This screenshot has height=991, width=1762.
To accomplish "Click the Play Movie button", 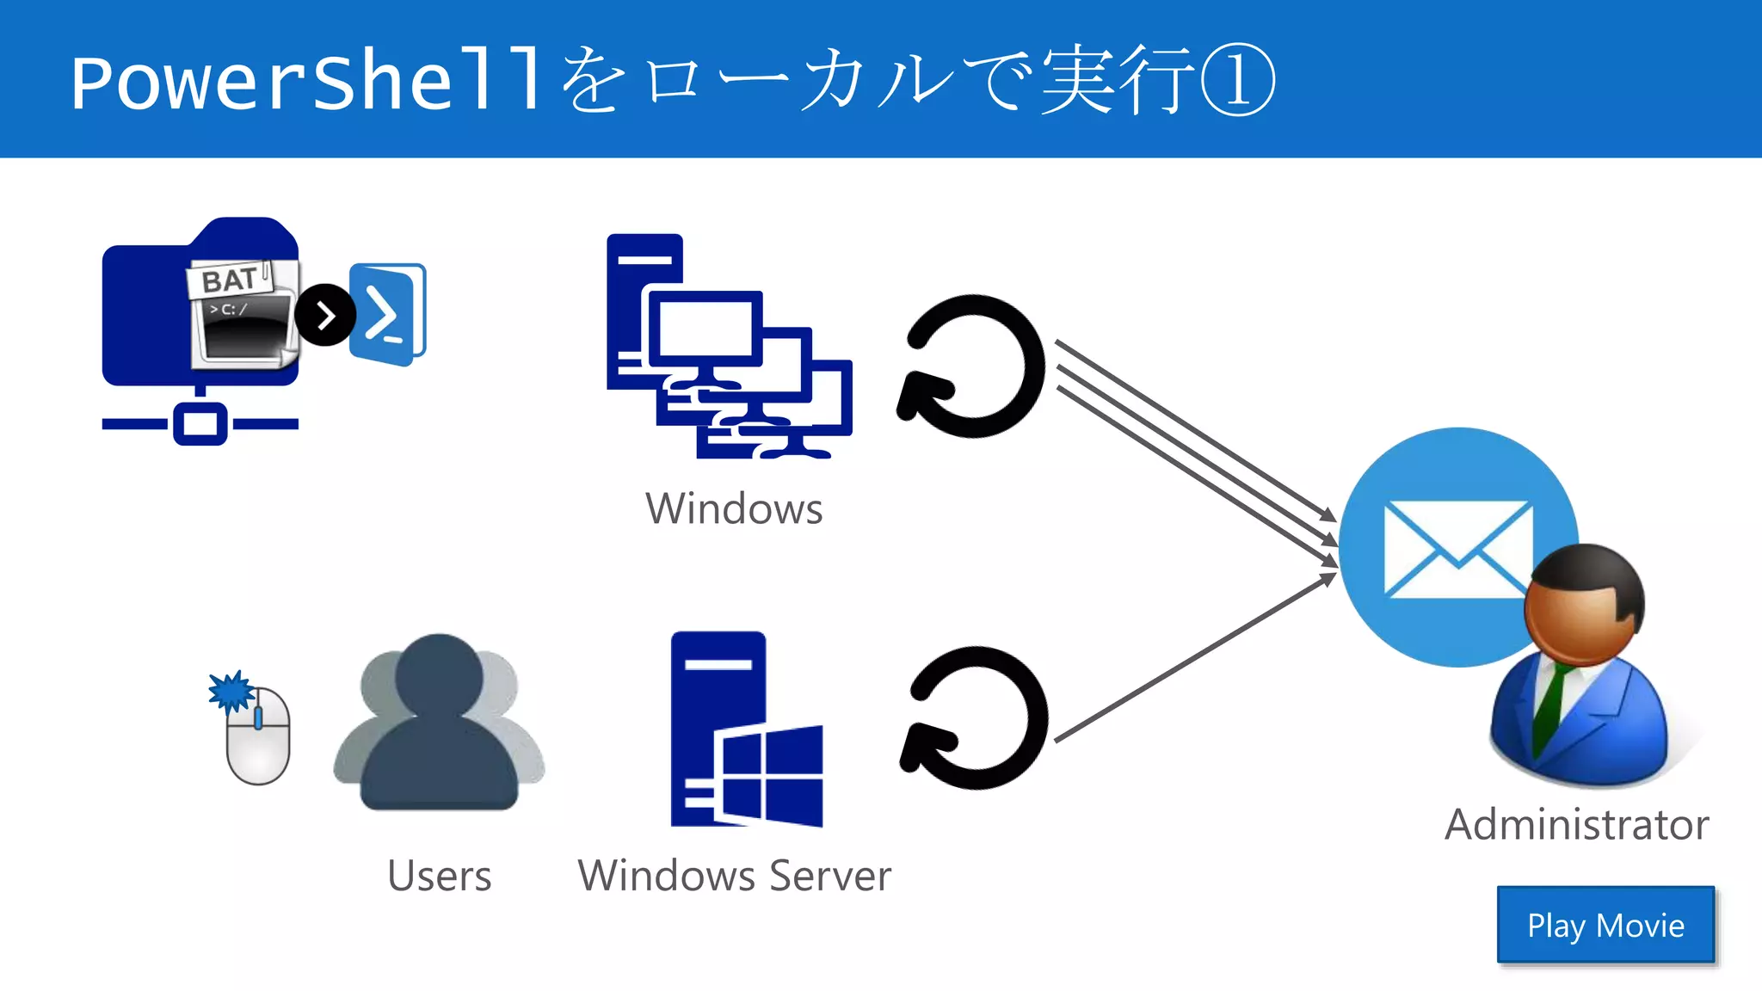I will click(x=1605, y=925).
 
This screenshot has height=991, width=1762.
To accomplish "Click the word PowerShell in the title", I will click(x=306, y=82).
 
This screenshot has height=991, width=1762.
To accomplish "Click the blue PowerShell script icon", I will click(x=387, y=314).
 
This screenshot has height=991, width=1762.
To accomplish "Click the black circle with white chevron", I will click(x=325, y=316).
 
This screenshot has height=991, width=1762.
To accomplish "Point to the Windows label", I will click(x=734, y=508).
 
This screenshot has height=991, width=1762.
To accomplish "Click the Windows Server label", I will click(x=734, y=876).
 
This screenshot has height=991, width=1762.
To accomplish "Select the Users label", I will click(x=439, y=876).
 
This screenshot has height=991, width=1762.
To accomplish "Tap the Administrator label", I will click(x=1576, y=824).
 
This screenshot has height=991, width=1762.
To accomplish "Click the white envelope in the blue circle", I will click(x=1457, y=549).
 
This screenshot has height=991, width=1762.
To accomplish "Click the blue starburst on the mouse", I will click(x=230, y=691).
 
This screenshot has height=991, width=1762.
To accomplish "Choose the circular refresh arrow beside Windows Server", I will click(x=975, y=718).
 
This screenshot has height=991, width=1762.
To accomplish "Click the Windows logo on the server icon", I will click(x=770, y=774).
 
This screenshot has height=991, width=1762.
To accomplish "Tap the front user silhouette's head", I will click(x=439, y=675).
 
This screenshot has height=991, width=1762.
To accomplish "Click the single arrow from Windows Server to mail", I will click(x=1196, y=658).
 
